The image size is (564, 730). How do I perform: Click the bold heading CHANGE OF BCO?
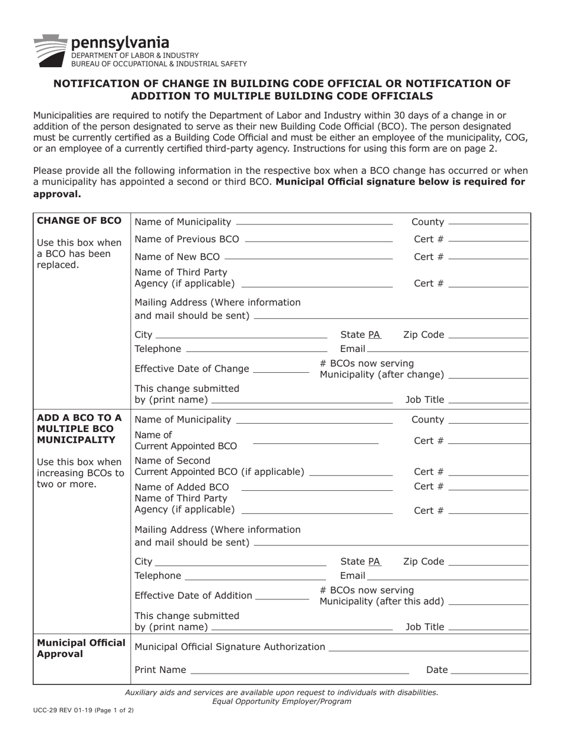tap(79, 221)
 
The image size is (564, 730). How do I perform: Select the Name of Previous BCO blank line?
tap(318, 240)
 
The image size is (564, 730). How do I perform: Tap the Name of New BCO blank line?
tap(308, 258)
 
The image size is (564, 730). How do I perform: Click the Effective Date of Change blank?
tap(280, 372)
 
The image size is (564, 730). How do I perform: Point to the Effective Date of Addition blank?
tap(281, 598)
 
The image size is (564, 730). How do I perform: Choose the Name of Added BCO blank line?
tap(317, 489)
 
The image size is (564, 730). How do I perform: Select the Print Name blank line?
tap(299, 673)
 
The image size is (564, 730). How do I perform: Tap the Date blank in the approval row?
tap(489, 673)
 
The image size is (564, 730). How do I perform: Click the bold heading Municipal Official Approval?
tap(81, 649)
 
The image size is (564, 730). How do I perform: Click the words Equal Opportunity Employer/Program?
tap(281, 701)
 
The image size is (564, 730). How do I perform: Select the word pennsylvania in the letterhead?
tap(120, 43)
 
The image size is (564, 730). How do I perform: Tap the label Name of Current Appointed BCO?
tap(185, 440)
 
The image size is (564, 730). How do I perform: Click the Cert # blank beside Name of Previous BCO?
tap(489, 240)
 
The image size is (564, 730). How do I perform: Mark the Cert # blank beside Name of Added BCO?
tap(489, 489)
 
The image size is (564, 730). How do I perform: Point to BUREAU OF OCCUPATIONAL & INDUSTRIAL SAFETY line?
tap(159, 64)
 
